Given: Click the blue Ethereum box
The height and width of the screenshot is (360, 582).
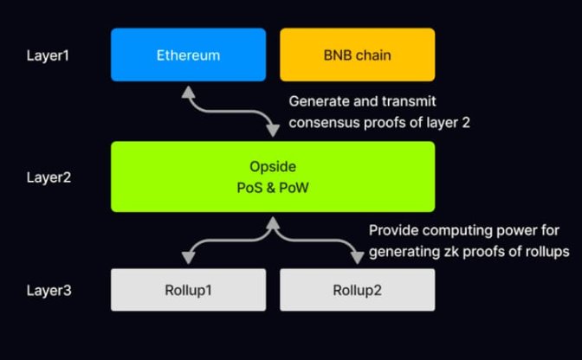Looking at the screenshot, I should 188,55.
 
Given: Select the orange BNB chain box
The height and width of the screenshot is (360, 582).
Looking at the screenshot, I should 357,55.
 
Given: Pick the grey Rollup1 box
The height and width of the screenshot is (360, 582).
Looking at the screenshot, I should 188,290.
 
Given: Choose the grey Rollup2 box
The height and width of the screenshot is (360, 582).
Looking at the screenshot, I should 357,290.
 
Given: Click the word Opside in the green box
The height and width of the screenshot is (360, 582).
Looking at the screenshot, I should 273,165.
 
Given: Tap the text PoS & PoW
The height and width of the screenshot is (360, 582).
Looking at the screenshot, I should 273,188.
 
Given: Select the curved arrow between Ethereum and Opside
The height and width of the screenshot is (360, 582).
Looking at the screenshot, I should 230,109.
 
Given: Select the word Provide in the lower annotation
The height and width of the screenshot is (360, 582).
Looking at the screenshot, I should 394,231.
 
